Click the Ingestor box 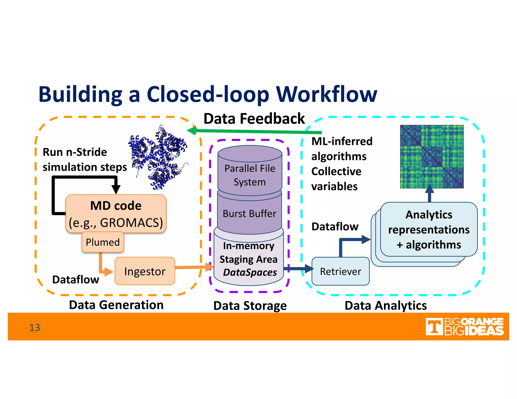(x=145, y=271)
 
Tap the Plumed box (x=103, y=242)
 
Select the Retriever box (x=340, y=271)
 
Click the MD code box (x=116, y=214)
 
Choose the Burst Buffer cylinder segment (x=249, y=214)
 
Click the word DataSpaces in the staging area (x=250, y=273)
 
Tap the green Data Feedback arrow (x=255, y=131)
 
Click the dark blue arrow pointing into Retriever (x=299, y=268)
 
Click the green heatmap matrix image (x=432, y=157)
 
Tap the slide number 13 (x=35, y=328)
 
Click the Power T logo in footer (x=434, y=327)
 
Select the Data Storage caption (x=250, y=306)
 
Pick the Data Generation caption (x=116, y=305)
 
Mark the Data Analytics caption (x=385, y=305)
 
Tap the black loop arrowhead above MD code (x=116, y=189)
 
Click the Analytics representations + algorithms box (x=429, y=230)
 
